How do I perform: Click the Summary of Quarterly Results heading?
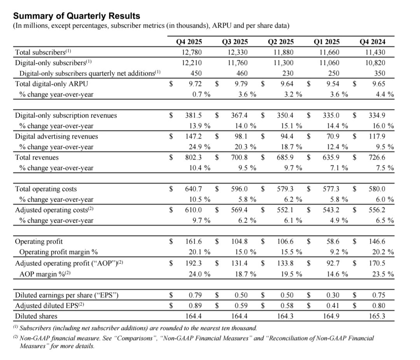click(x=77, y=16)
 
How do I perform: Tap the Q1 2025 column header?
click(x=327, y=42)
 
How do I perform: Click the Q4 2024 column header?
click(x=373, y=42)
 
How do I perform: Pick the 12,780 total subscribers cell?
click(x=191, y=52)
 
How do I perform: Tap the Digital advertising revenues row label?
click(x=56, y=136)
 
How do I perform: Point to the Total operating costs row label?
click(x=46, y=189)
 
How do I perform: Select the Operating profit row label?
click(x=38, y=241)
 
